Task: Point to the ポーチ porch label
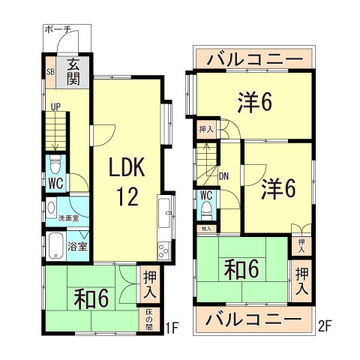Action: coord(58,29)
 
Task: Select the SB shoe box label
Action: coord(51,72)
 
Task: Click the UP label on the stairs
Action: coord(55,106)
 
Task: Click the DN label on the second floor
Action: coord(223,177)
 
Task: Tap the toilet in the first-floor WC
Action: coord(54,163)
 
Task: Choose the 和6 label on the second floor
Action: coord(240,268)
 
